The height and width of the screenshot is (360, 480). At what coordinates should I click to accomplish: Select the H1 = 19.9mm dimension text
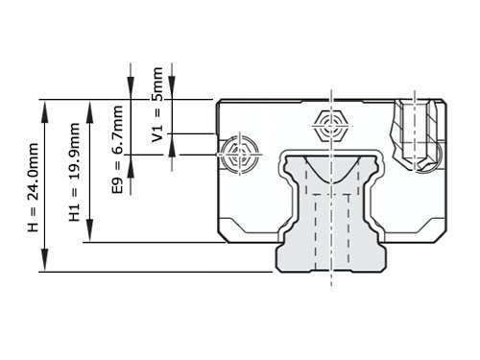[x=75, y=173]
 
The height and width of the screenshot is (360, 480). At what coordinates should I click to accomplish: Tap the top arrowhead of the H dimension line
[x=44, y=107]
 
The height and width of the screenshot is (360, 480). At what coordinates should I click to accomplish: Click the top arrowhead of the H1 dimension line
[x=88, y=107]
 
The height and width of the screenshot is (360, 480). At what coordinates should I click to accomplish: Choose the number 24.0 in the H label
[x=33, y=162]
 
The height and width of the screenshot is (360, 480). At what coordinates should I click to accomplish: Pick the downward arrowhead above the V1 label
[x=171, y=92]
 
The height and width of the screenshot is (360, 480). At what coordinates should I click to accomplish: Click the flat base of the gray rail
[x=332, y=271]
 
